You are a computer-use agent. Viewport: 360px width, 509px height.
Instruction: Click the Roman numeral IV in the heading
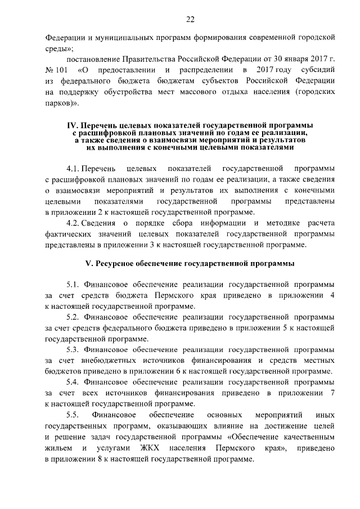71,125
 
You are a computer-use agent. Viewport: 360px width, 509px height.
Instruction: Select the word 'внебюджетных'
105,361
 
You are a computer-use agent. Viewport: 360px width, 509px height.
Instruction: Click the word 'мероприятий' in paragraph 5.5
274,415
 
